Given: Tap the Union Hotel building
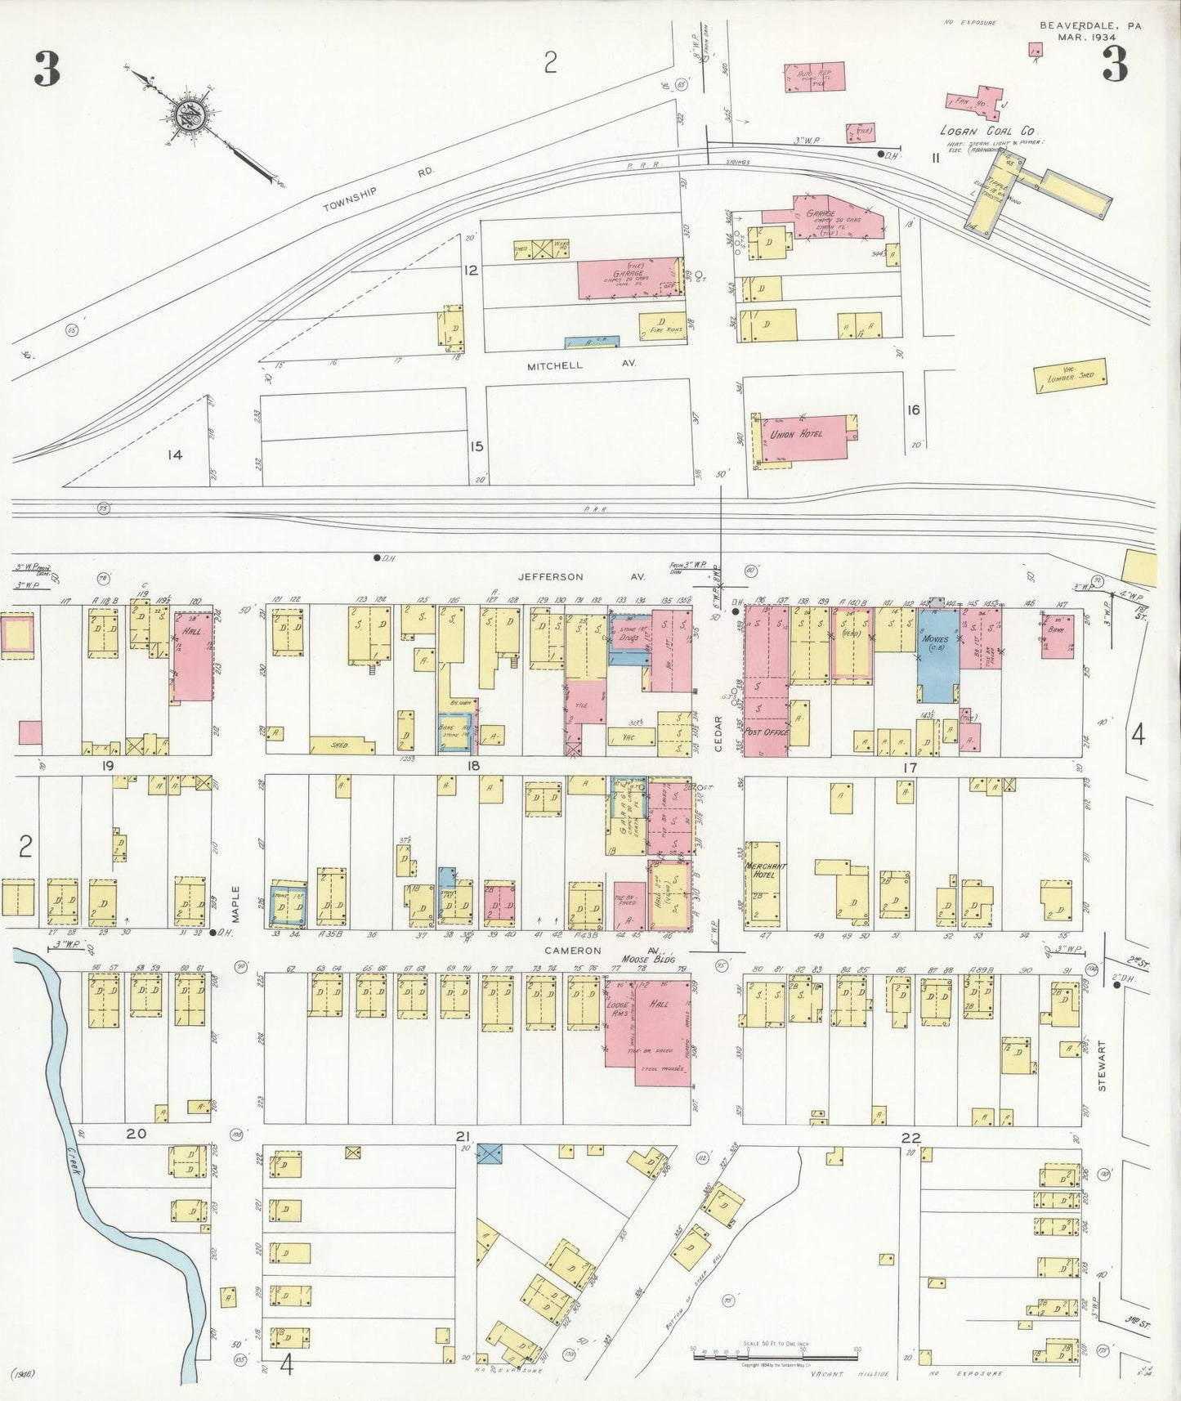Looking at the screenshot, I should [805, 437].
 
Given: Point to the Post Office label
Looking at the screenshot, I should [766, 732].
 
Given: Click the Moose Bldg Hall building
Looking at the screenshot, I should [650, 1022].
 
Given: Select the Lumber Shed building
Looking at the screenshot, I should [1070, 376].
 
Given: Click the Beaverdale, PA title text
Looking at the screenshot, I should [1090, 30].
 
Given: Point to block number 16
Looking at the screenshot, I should [913, 410].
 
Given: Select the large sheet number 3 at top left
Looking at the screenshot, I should [47, 69].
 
